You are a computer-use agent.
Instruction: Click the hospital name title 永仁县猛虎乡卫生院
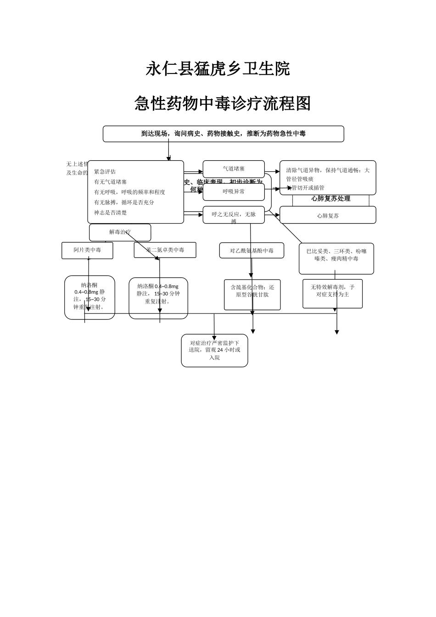point(218,69)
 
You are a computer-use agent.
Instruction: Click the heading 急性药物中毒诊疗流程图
point(223,104)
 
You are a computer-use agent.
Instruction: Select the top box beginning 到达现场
point(223,134)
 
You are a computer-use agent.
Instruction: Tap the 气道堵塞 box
point(234,169)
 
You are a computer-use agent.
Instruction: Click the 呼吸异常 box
point(234,191)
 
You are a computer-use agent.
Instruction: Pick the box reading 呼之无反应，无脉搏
point(234,215)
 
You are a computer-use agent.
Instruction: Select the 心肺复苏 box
point(328,215)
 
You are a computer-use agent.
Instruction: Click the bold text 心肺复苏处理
point(330,199)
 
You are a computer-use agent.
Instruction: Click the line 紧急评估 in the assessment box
point(105,172)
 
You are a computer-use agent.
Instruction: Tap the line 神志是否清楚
point(111,213)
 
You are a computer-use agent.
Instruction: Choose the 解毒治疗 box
point(120,232)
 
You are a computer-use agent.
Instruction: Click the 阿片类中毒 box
point(87,250)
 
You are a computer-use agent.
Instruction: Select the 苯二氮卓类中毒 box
point(165,250)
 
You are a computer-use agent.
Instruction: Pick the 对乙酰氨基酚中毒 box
point(252,251)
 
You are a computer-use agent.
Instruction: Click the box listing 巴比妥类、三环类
point(336,255)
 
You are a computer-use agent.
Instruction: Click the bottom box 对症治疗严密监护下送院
point(214,350)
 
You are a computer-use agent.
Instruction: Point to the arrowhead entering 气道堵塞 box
point(201,172)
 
